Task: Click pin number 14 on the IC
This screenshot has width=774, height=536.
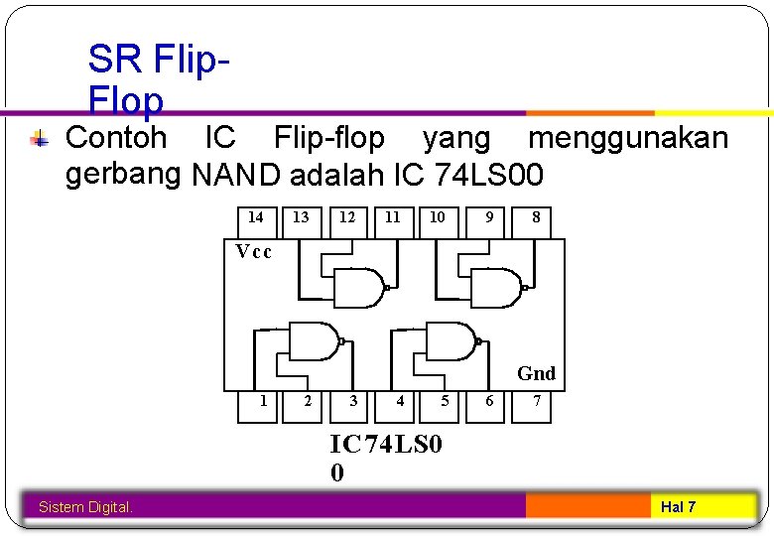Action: (x=255, y=218)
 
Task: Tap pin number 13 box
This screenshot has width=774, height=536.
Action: (x=301, y=218)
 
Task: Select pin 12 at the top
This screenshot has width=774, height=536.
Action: (x=347, y=218)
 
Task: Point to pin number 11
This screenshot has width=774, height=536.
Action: (x=393, y=218)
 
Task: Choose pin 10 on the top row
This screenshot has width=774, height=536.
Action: (x=438, y=218)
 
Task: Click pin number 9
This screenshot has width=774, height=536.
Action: (x=488, y=218)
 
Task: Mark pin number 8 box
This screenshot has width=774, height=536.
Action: (x=536, y=218)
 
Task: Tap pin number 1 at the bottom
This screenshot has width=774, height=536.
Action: (x=262, y=402)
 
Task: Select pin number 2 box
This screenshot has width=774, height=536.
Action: (x=308, y=402)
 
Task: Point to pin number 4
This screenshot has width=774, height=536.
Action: (x=400, y=402)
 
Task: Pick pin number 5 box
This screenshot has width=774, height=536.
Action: (x=445, y=402)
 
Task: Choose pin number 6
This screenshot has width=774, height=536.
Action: (x=488, y=402)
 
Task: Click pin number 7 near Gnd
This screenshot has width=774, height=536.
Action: (x=536, y=402)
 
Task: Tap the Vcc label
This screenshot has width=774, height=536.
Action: (x=254, y=251)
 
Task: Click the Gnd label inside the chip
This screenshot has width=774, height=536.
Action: (x=536, y=374)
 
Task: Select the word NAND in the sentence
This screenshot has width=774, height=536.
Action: (x=236, y=177)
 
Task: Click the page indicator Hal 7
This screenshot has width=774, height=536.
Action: (x=679, y=507)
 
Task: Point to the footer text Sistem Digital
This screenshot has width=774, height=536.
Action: (x=85, y=508)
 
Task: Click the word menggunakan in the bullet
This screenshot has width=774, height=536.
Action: (x=627, y=138)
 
